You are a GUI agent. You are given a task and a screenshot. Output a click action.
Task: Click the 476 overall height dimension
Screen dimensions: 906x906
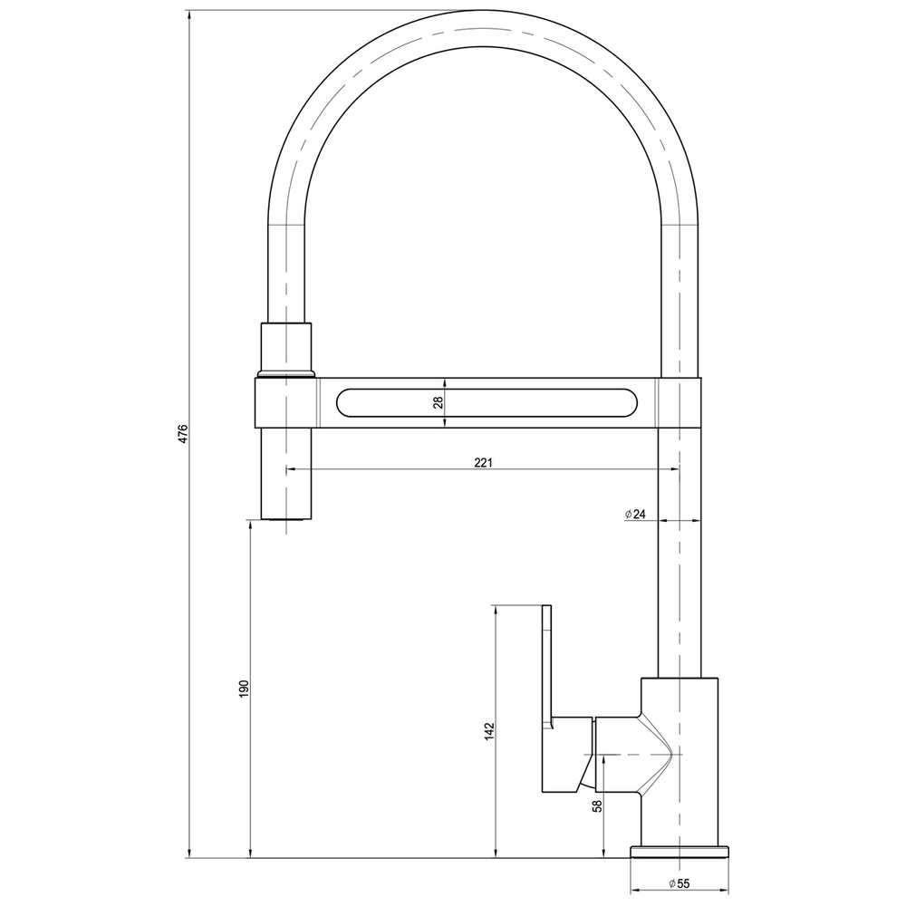[x=182, y=434]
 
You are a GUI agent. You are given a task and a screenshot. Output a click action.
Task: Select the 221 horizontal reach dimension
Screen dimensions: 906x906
[x=483, y=463]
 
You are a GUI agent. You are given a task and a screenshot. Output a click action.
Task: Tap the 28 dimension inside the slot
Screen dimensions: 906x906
[x=438, y=402]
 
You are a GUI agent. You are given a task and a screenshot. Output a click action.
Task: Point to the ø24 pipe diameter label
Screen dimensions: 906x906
[x=635, y=515]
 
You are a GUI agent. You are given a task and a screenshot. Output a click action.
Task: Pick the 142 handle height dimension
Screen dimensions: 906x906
[x=488, y=732]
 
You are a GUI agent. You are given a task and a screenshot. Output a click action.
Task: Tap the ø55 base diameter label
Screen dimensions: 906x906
[x=679, y=883]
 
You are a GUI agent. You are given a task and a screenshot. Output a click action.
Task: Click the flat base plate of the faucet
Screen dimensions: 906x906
[x=679, y=852]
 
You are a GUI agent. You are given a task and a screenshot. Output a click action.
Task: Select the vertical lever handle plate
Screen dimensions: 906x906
[x=546, y=666]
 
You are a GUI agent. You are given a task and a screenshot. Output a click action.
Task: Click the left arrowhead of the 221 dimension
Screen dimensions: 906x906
[x=291, y=469]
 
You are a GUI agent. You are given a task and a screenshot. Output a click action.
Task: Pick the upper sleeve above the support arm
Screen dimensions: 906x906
[x=287, y=348]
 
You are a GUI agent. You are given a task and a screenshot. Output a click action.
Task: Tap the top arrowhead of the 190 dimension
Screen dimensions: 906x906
[x=250, y=525]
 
